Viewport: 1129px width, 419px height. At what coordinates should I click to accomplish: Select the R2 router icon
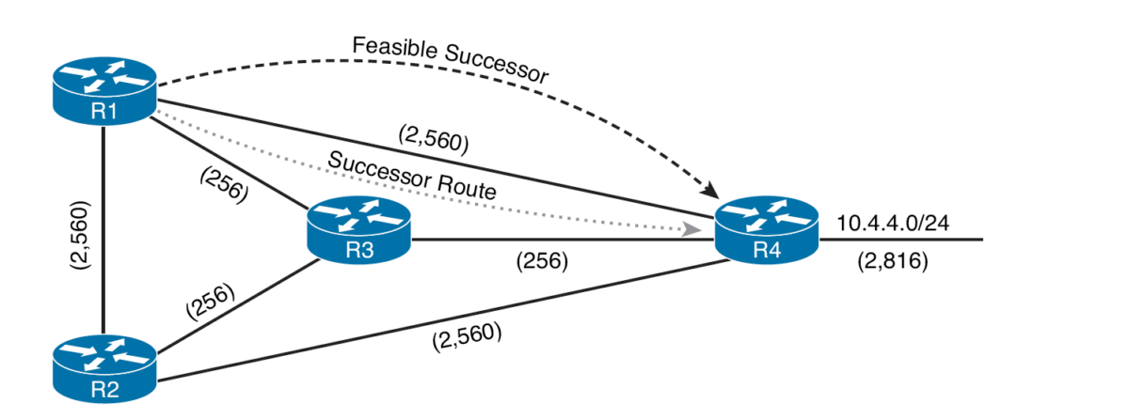103,367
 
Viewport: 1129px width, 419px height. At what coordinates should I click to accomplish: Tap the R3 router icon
359,229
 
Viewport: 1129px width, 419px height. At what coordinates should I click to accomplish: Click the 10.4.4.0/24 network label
892,225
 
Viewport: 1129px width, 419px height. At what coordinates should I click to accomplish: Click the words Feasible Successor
449,60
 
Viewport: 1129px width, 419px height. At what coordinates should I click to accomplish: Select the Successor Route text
412,176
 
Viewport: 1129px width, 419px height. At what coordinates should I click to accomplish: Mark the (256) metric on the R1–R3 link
225,185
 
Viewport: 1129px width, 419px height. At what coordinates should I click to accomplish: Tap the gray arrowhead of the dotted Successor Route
692,229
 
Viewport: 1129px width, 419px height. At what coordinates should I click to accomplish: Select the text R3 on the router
359,249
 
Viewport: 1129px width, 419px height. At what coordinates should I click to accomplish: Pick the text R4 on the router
767,249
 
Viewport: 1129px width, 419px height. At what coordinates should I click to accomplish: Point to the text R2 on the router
103,388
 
